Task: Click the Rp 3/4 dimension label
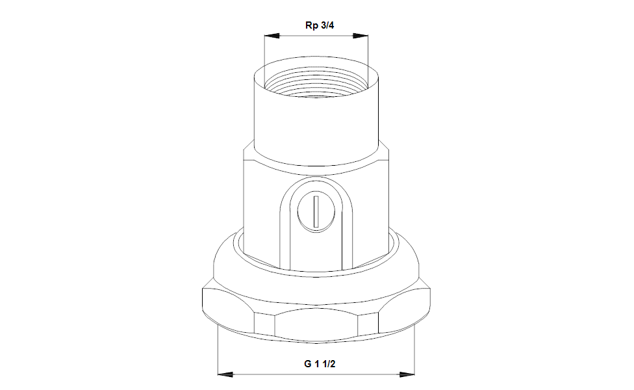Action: pos(320,25)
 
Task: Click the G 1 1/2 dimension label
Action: pos(320,364)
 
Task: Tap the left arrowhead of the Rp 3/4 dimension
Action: pos(272,36)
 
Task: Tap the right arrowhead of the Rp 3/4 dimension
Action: pos(361,36)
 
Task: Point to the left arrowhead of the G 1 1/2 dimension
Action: pos(225,374)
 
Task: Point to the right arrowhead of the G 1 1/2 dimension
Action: pos(407,374)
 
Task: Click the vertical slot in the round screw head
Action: pos(316,211)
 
